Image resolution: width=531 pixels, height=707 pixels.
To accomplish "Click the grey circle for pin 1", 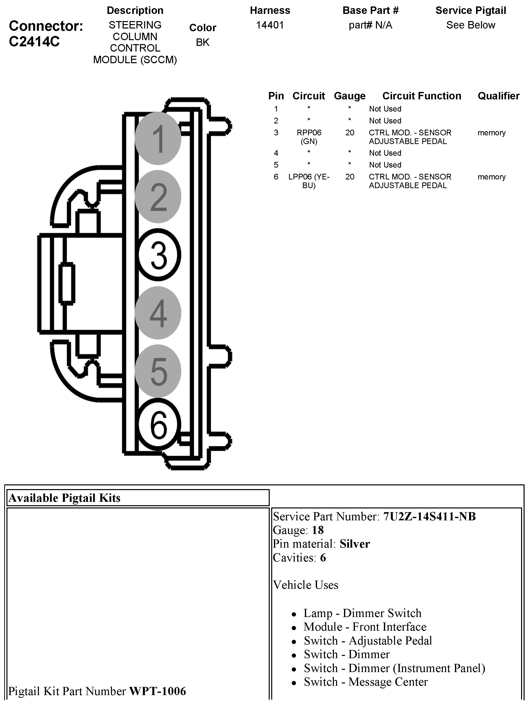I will click(x=158, y=138).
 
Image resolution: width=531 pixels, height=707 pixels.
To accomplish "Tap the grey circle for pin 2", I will click(x=158, y=197).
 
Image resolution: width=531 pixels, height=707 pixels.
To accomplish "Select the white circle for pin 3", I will click(x=159, y=255).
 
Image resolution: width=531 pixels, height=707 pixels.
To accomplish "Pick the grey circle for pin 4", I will click(x=158, y=313).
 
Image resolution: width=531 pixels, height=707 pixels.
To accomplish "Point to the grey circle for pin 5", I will click(x=158, y=371).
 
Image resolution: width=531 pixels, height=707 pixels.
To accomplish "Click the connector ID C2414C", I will click(x=34, y=42).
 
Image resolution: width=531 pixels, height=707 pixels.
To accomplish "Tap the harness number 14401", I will click(x=270, y=25).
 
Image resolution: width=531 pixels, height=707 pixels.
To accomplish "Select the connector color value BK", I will click(x=202, y=42).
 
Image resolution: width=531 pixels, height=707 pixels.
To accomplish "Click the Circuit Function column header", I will click(x=422, y=96).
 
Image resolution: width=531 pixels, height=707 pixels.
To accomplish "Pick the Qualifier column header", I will click(x=498, y=96).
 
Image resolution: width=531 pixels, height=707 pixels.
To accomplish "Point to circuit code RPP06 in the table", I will click(x=309, y=133).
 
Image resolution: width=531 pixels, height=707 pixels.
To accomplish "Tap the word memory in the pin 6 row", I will click(x=491, y=177).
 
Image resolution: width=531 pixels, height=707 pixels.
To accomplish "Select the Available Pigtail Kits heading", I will click(x=64, y=498).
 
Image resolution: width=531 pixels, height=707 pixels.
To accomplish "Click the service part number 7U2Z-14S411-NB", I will click(x=429, y=517).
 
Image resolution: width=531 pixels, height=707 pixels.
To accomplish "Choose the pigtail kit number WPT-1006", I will click(x=158, y=691).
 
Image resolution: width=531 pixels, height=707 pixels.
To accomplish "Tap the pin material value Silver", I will click(x=354, y=544).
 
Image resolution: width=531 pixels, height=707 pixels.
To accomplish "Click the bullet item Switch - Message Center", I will click(x=366, y=682).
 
